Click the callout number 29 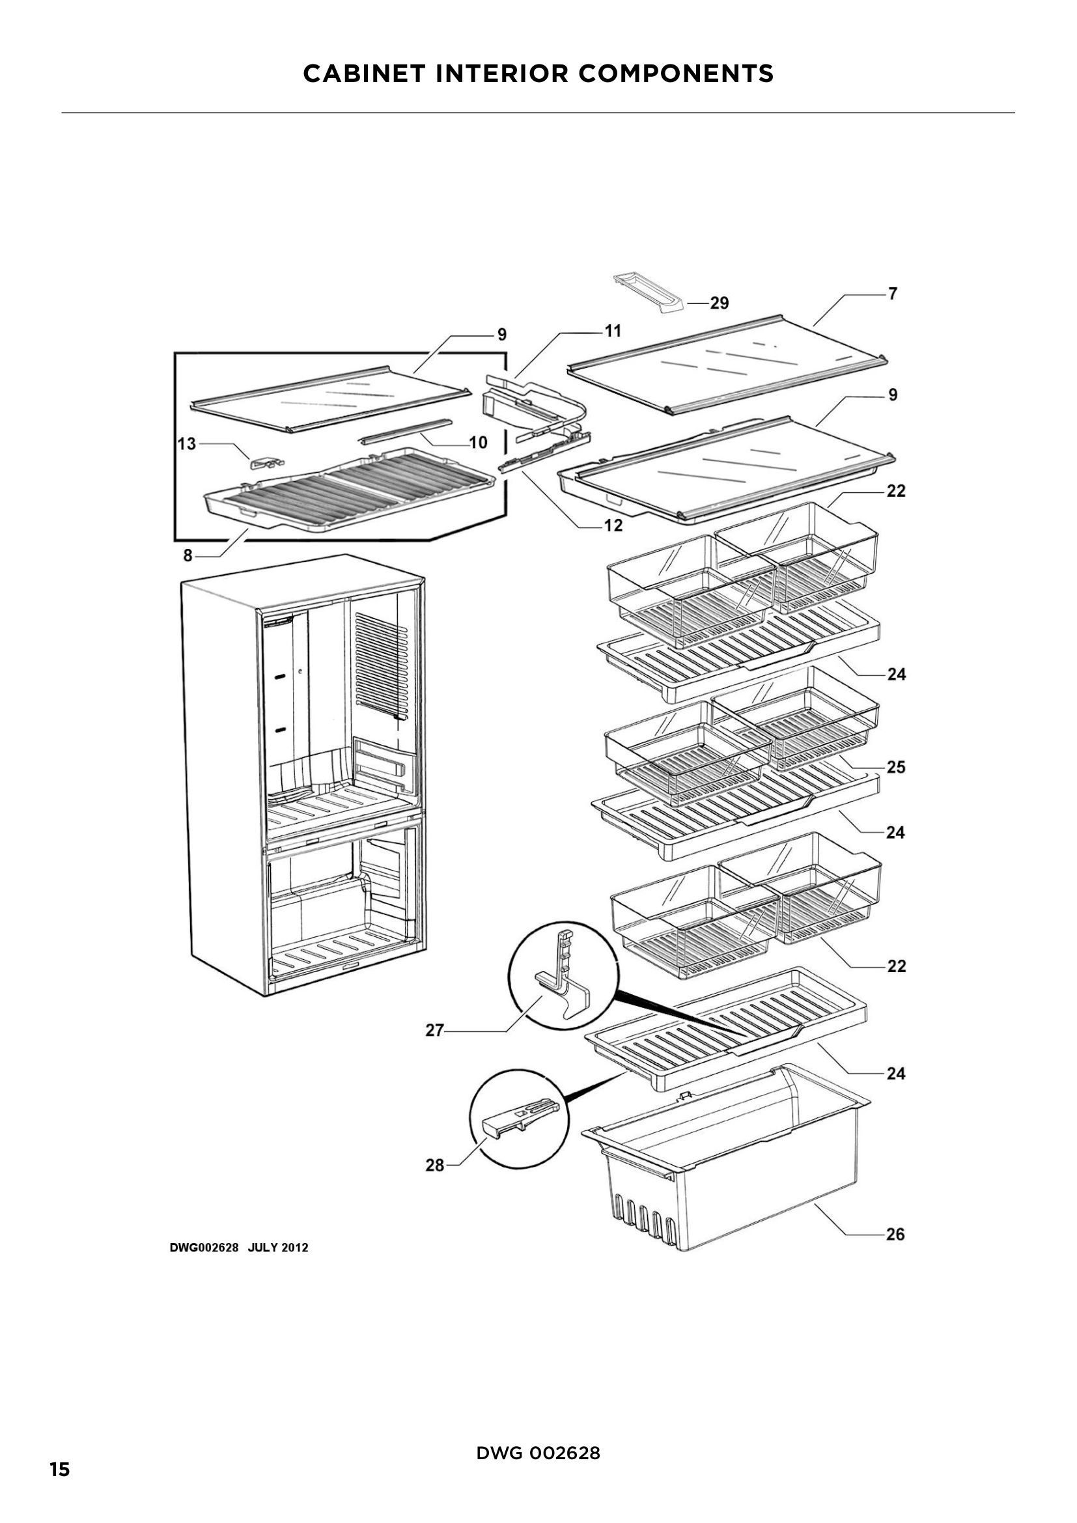pyautogui.click(x=719, y=303)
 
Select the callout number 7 pyautogui.click(x=893, y=293)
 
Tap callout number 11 pyautogui.click(x=613, y=330)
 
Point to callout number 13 pyautogui.click(x=187, y=443)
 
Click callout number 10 pyautogui.click(x=478, y=441)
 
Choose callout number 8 pyautogui.click(x=188, y=555)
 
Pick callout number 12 pyautogui.click(x=613, y=525)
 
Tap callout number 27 pyautogui.click(x=434, y=1031)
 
